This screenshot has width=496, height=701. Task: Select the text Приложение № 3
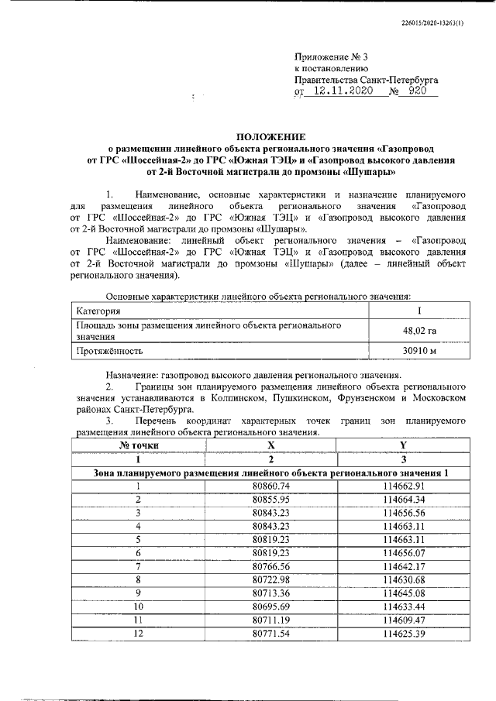(331, 57)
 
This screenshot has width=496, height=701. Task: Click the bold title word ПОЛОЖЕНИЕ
(270, 135)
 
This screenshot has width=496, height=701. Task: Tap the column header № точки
(139, 445)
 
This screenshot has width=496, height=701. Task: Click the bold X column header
(270, 445)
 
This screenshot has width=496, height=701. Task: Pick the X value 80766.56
(270, 566)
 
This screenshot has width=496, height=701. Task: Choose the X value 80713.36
(270, 593)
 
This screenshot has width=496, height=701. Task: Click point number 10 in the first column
(139, 607)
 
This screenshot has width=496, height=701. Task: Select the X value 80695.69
(270, 607)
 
